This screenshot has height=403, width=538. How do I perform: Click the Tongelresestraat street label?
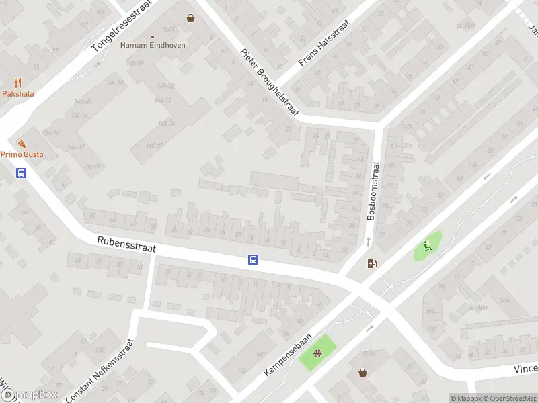point(122,26)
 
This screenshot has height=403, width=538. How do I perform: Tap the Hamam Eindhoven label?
point(153,46)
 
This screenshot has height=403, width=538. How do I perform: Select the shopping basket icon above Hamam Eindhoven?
point(192,18)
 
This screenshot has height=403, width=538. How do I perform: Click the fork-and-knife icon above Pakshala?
point(17,83)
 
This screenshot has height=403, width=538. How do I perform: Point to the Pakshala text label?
point(17,94)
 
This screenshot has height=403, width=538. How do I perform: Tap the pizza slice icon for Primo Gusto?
point(22,144)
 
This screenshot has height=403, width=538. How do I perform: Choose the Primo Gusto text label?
point(22,154)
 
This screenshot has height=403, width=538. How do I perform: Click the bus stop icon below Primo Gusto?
point(22,173)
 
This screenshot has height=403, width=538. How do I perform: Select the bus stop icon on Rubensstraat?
point(254,260)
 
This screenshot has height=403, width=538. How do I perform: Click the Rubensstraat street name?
point(126,243)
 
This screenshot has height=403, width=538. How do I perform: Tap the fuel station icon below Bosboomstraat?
point(372,263)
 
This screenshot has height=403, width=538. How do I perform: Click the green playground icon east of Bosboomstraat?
point(426,247)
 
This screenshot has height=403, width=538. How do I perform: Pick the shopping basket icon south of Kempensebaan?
point(363,372)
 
